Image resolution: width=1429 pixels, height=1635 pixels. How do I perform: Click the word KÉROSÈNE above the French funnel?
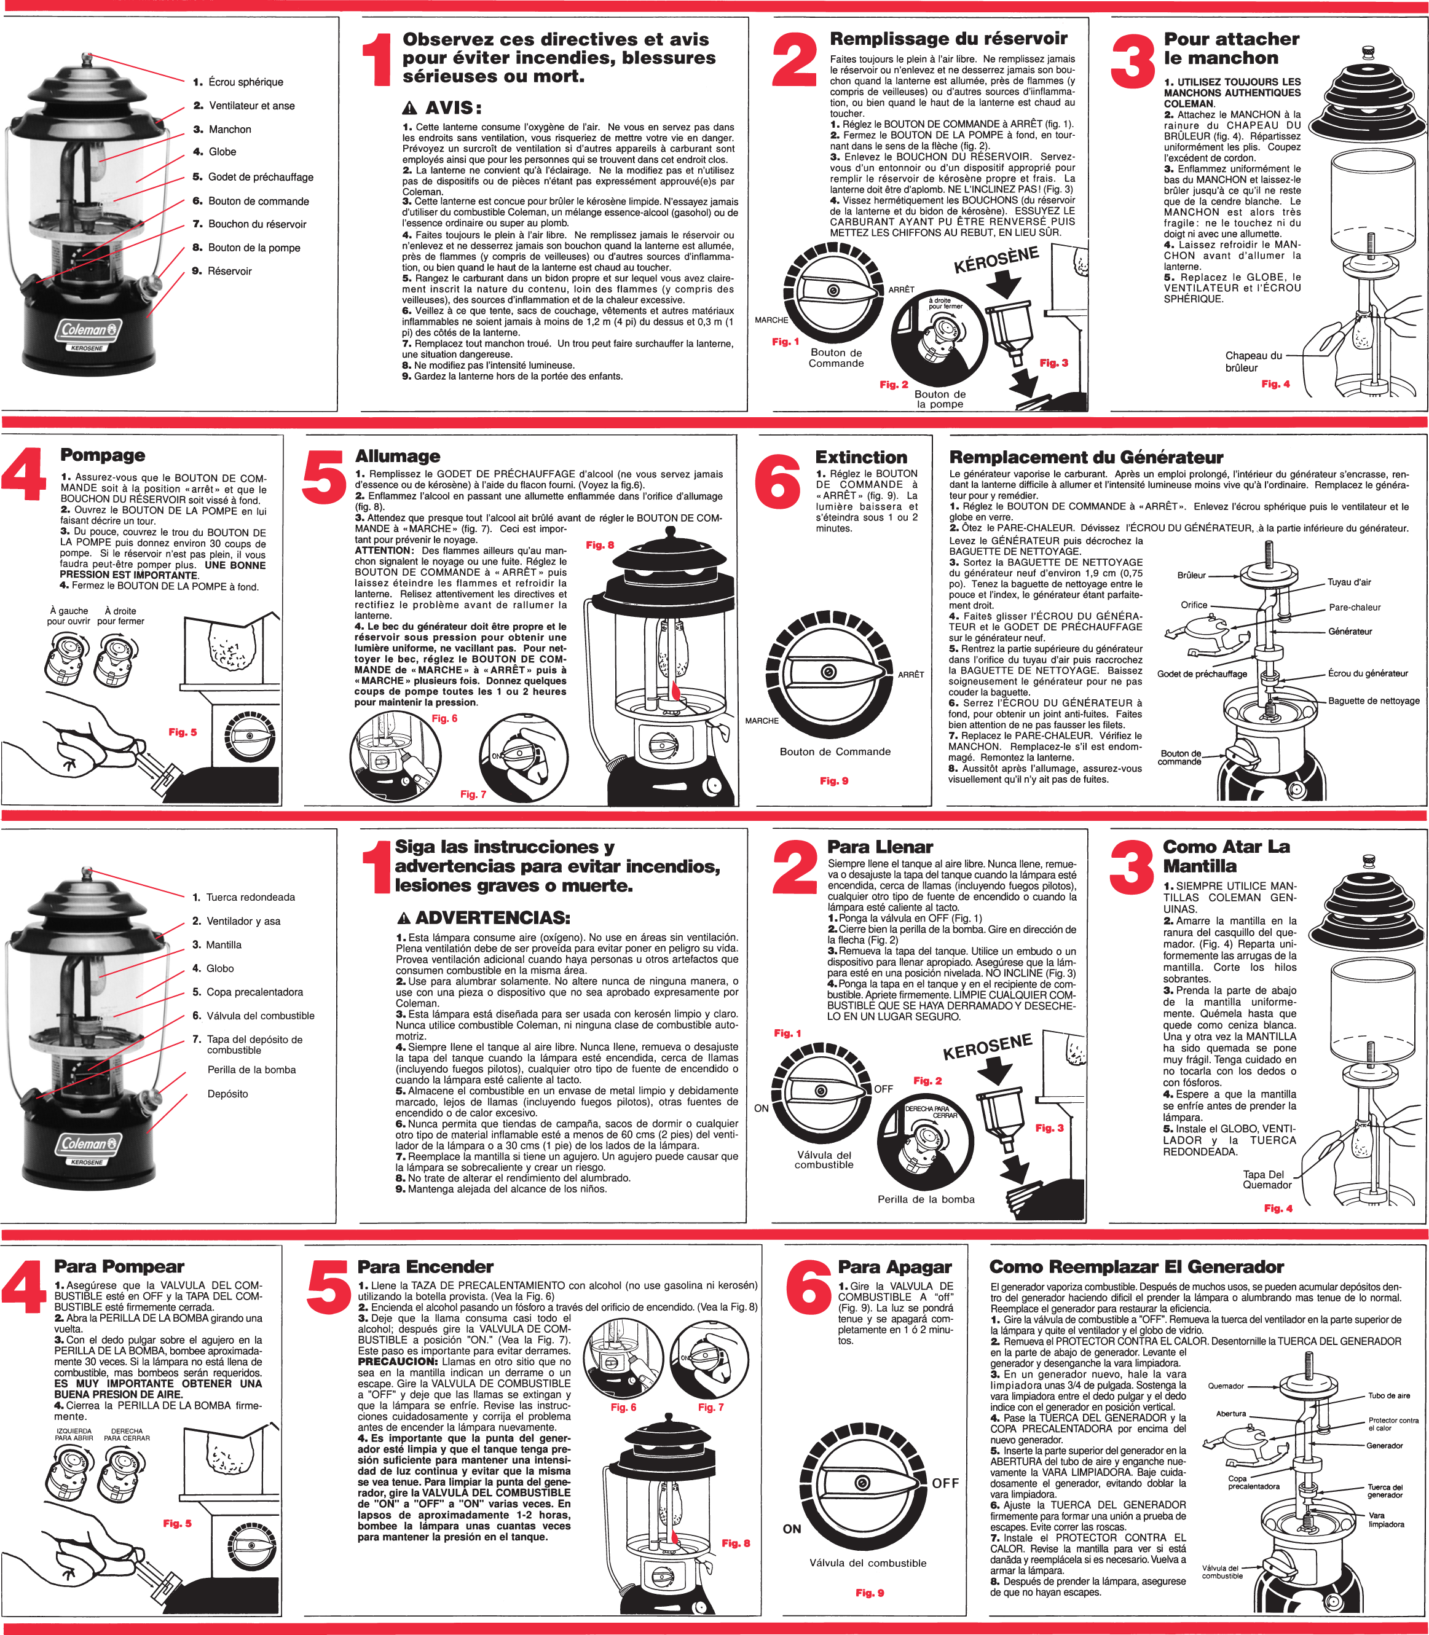(995, 260)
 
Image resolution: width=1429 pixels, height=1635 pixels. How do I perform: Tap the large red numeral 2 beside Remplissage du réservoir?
(794, 60)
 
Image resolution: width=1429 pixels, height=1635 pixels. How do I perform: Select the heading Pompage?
(103, 455)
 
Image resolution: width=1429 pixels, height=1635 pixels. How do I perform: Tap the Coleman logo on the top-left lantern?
(89, 330)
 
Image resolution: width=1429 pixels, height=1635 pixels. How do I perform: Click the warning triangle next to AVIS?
(409, 108)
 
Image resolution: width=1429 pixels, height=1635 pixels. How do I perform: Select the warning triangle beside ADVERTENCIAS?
(404, 919)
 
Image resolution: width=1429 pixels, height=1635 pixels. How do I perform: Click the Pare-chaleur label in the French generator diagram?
(1354, 608)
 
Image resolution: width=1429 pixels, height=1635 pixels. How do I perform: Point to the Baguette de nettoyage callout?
(1373, 700)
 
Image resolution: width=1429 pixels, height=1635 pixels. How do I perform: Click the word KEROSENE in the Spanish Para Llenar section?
(987, 1048)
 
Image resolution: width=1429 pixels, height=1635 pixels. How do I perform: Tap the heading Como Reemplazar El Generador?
(1136, 1267)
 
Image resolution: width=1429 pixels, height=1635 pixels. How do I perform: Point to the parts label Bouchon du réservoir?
(257, 224)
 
